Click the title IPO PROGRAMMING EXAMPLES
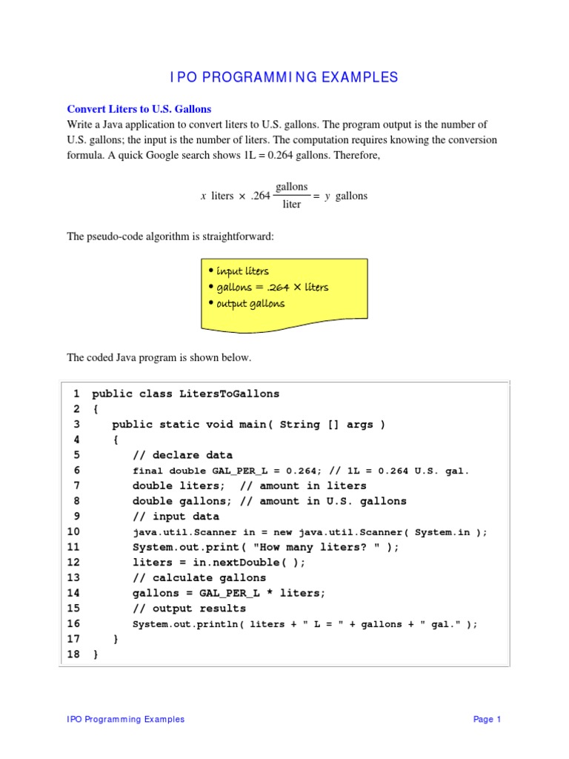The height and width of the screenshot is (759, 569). point(284,77)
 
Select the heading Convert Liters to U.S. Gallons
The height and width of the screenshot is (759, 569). point(139,109)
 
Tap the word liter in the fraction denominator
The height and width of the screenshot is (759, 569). point(292,205)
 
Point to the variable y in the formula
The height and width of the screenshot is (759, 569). point(327,196)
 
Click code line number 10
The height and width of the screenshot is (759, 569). point(73,532)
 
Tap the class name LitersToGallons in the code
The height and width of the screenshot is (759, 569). point(229,394)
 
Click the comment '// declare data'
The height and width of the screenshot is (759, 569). point(182,455)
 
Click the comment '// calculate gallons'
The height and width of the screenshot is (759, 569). point(199,578)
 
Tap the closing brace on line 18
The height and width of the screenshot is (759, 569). point(95,655)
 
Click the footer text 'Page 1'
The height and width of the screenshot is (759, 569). point(488,719)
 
